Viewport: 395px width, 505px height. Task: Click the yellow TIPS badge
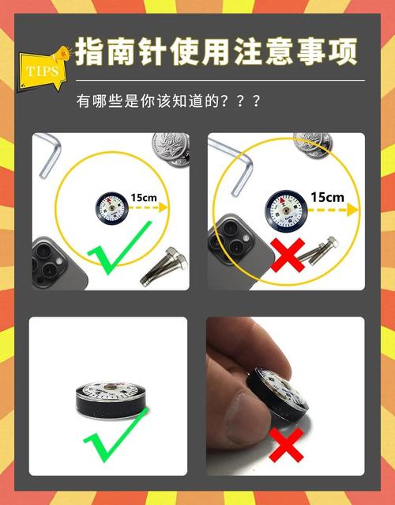[x=41, y=70]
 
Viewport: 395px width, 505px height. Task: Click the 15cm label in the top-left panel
[x=143, y=197]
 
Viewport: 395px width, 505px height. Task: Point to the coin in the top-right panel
[x=314, y=142]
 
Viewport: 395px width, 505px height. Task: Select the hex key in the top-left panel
[x=50, y=154]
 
